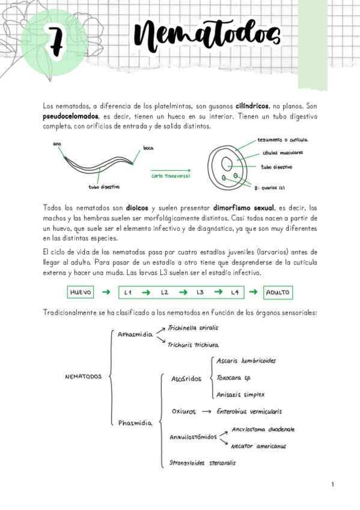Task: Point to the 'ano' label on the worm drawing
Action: (57, 144)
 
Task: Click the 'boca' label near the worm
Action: (148, 147)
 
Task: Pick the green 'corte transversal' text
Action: (171, 176)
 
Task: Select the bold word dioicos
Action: (130, 207)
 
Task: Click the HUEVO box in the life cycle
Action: (81, 293)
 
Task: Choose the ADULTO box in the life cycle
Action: (277, 293)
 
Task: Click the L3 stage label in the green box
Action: (200, 293)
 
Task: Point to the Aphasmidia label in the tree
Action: (135, 334)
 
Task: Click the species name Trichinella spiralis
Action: (192, 328)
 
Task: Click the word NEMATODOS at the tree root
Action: (83, 377)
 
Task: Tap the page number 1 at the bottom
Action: (332, 484)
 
